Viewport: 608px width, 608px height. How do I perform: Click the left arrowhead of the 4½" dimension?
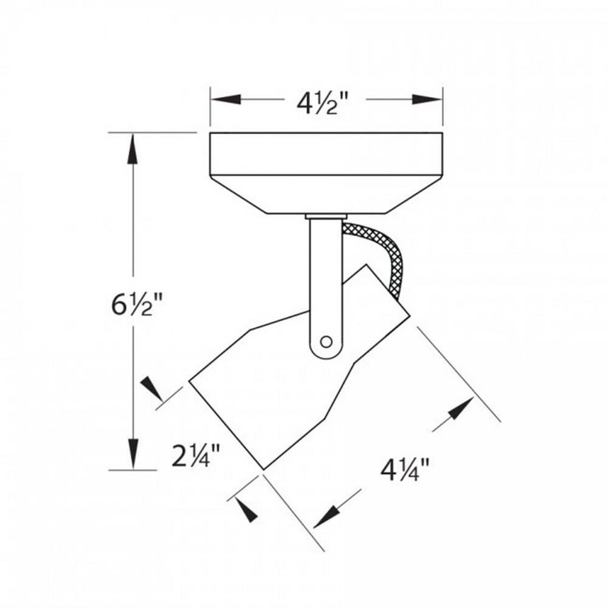(226, 99)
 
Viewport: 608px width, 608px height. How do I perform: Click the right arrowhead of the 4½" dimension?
(427, 99)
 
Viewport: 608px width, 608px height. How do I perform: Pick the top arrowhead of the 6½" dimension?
(133, 148)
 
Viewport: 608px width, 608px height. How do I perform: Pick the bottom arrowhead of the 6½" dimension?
(133, 454)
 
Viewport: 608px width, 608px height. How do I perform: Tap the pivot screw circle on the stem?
(326, 342)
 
